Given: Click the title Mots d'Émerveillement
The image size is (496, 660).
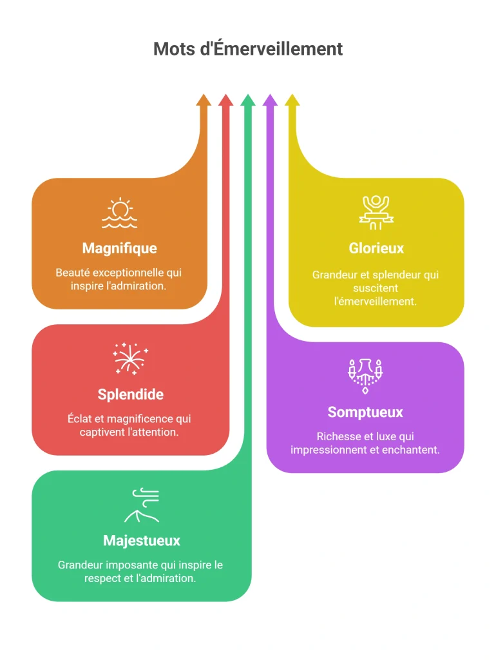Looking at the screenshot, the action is click(248, 48).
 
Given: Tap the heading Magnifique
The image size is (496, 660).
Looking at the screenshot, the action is click(119, 248).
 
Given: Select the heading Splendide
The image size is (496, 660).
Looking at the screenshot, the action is click(130, 394).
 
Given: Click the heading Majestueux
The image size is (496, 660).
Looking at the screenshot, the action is click(142, 541).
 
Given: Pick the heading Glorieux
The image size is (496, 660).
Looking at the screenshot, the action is click(376, 248).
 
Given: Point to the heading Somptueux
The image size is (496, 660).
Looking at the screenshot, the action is click(365, 412).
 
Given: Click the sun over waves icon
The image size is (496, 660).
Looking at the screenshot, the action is click(119, 213).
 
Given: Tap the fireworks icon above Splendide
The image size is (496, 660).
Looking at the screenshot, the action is click(130, 359).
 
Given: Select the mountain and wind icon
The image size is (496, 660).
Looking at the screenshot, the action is click(142, 505).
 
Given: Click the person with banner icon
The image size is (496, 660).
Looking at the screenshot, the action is click(376, 213).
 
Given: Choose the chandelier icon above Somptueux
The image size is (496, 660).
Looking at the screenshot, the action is click(365, 376).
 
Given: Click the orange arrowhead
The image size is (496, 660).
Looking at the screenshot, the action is click(204, 100).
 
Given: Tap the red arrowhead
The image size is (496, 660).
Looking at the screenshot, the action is click(226, 100).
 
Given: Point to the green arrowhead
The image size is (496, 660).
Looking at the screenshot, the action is click(248, 100).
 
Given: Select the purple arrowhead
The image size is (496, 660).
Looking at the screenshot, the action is click(270, 100).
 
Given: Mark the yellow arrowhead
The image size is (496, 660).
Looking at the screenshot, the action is click(292, 100).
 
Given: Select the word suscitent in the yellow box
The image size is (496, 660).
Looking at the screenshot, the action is click(376, 288).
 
